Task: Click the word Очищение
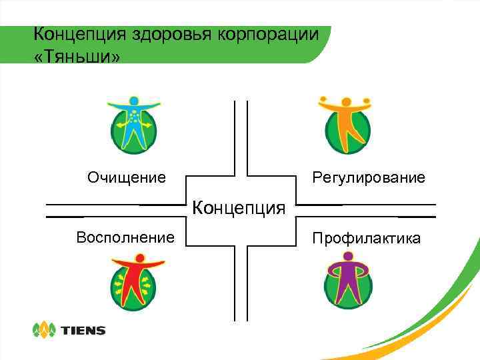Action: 127,178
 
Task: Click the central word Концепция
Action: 239,208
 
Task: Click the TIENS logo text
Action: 83,330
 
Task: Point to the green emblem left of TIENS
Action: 44,329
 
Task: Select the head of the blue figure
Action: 134,101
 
